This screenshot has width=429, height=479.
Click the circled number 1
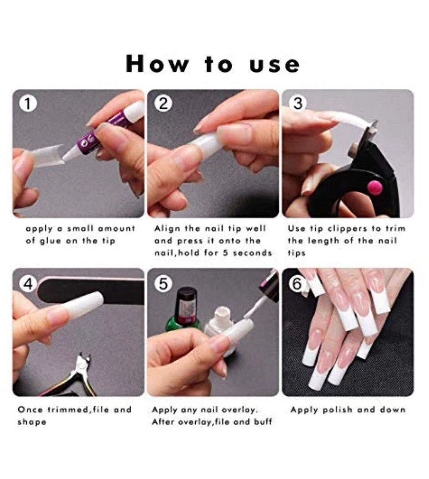(28, 104)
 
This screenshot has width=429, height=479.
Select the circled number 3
(298, 104)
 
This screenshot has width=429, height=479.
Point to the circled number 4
(28, 284)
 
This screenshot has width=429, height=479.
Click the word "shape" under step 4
(32, 423)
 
